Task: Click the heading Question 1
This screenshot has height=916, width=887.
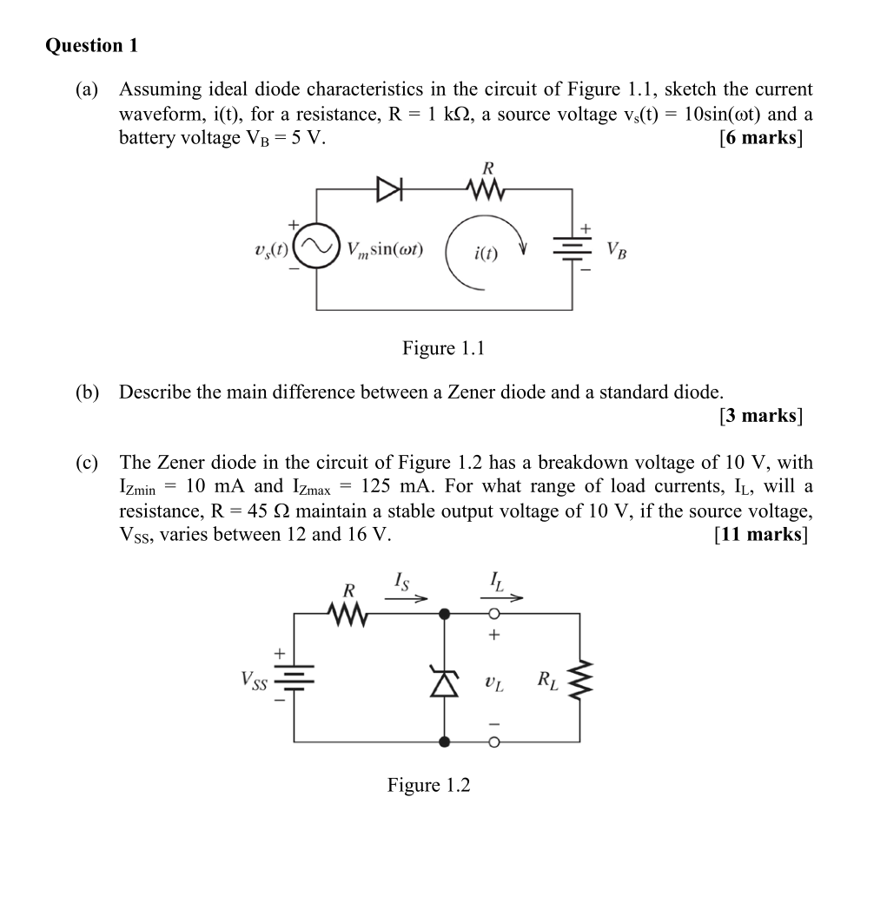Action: (x=91, y=46)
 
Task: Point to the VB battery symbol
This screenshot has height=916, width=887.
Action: (x=571, y=249)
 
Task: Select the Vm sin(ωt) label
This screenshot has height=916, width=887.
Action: (x=384, y=249)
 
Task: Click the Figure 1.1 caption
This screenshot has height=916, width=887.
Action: (x=443, y=348)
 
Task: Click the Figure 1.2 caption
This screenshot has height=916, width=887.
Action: (x=428, y=785)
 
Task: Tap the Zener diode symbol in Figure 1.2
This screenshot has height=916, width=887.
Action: (x=446, y=683)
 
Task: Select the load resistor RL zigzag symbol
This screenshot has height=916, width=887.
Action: (x=579, y=682)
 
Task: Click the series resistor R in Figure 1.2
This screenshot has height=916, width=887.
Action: (x=350, y=614)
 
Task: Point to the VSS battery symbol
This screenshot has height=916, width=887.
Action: (x=295, y=678)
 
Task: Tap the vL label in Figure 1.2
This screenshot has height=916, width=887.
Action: (x=493, y=685)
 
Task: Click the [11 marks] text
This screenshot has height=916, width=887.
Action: (x=759, y=534)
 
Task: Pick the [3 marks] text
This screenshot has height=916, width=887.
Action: (x=760, y=415)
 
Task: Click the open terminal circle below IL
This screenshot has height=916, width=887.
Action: (x=493, y=614)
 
